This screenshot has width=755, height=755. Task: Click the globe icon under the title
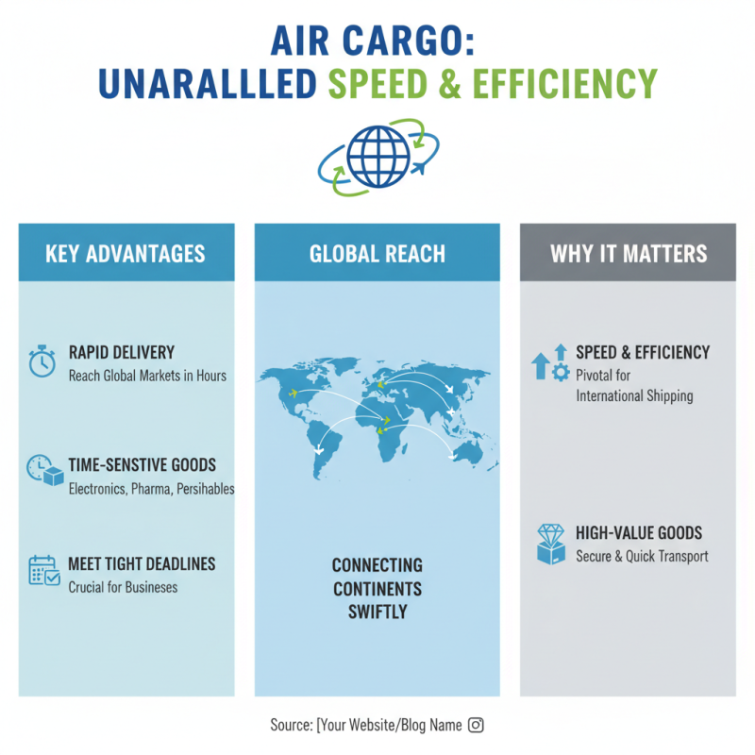point(377,155)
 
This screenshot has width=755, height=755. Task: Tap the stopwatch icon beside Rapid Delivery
point(42,362)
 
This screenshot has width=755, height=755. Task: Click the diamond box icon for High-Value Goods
point(550,544)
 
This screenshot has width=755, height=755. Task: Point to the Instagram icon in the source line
point(477,725)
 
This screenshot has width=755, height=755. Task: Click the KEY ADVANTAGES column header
point(126,253)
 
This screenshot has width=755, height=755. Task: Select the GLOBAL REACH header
point(377,253)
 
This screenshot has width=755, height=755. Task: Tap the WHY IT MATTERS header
point(629,253)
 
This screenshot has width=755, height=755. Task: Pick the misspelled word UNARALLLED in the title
point(207,84)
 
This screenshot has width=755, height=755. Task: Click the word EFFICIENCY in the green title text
point(567,84)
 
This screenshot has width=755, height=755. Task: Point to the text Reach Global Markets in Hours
point(147,376)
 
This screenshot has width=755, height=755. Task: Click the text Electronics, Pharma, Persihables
point(151,489)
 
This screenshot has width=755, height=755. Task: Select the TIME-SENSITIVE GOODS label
point(143,464)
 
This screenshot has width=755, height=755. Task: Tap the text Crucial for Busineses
point(123,587)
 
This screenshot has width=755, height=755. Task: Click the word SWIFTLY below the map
point(377,612)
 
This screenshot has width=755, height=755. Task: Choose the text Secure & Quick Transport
point(642,557)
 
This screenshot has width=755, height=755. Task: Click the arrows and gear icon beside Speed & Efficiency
point(550,362)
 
